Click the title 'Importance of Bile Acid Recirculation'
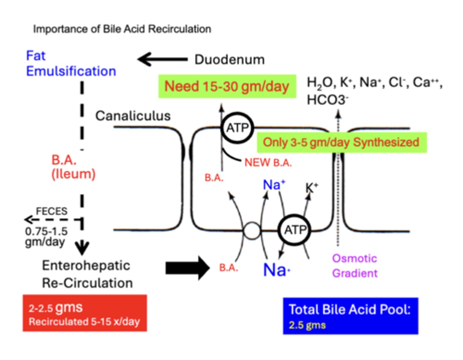(122, 29)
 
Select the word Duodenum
(230, 60)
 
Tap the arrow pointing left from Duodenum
(162, 59)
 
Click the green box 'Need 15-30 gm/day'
(227, 86)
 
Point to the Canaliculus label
(133, 116)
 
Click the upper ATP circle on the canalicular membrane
(238, 128)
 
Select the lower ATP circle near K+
(295, 230)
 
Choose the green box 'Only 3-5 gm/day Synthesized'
(341, 142)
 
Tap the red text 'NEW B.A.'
(268, 163)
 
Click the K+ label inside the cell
(311, 187)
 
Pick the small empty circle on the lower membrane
(252, 231)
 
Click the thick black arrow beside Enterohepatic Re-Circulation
(187, 268)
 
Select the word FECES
(51, 211)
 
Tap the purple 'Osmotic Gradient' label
(354, 266)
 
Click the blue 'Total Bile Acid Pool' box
(350, 316)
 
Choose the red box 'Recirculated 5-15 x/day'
(85, 313)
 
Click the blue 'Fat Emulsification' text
(71, 64)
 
